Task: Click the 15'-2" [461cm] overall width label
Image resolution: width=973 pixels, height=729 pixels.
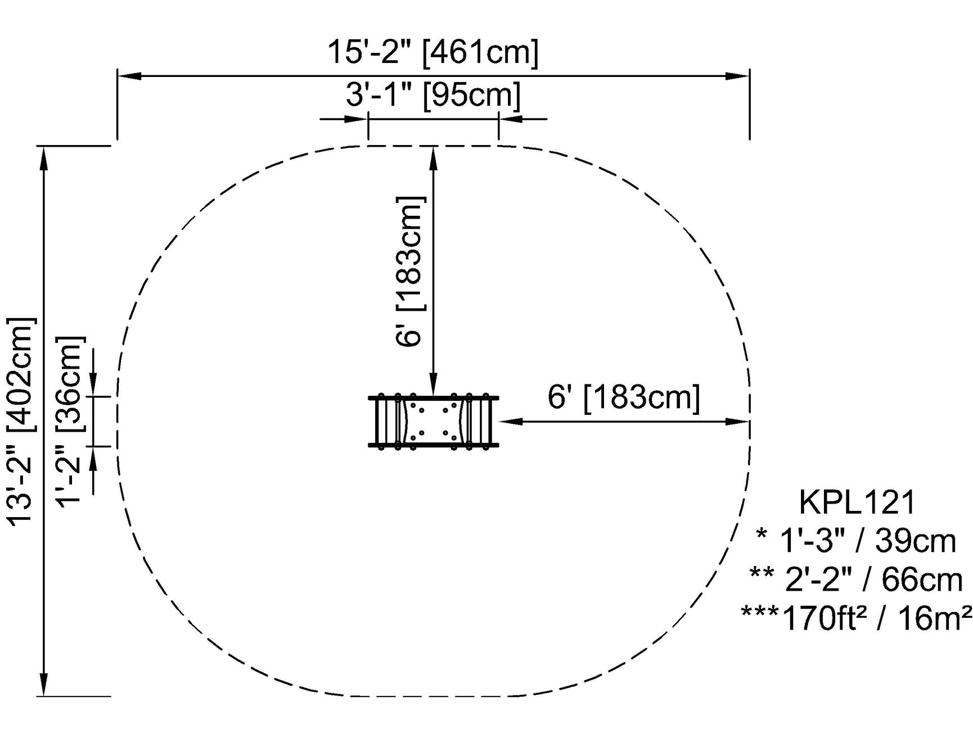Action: point(433,53)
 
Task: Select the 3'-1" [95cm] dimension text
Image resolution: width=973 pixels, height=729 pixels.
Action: point(433,95)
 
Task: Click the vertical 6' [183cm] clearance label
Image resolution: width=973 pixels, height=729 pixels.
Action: point(411,272)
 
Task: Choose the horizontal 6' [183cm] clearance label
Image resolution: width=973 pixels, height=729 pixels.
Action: point(624,398)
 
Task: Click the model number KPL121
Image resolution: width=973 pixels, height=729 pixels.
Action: point(858,502)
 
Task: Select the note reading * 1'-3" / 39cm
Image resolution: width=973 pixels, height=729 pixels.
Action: point(857,542)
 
